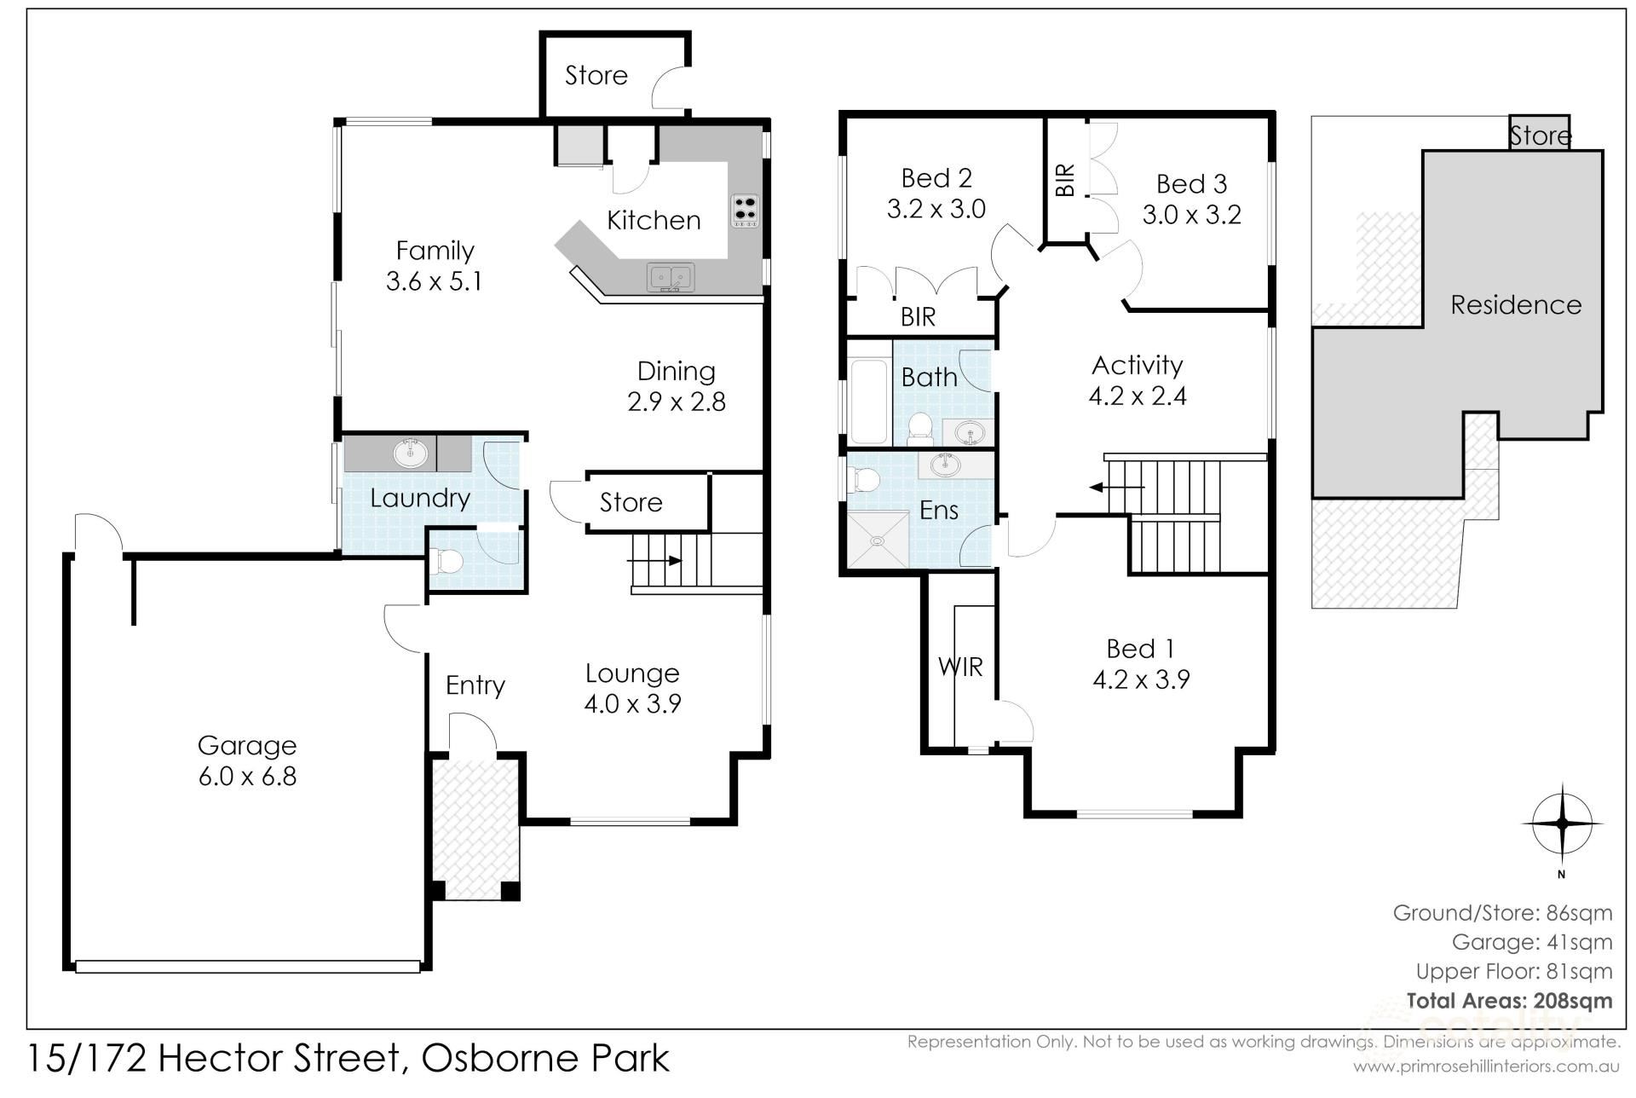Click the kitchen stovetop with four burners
(745, 211)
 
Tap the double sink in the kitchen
(671, 278)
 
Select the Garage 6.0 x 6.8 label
(247, 760)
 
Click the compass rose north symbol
(1562, 823)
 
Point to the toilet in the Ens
(865, 480)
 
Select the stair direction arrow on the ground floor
(654, 560)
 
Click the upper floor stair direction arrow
(1117, 488)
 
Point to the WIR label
(960, 667)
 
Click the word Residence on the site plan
(1516, 304)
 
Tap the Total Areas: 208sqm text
(1510, 1000)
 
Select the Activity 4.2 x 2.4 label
(1138, 380)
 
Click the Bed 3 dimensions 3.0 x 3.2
(1191, 215)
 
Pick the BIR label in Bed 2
(918, 317)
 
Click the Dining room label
(677, 371)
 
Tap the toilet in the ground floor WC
(446, 561)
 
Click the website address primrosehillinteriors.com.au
(1486, 1066)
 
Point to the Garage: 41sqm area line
(1532, 942)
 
